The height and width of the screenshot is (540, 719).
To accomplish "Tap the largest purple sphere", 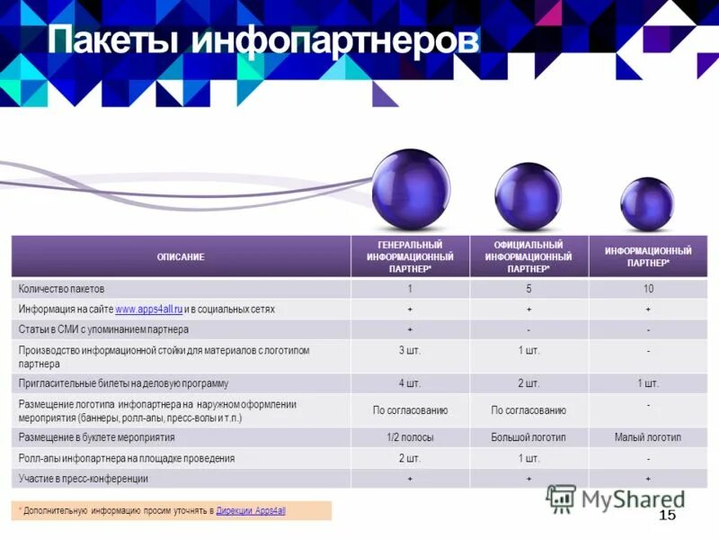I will coord(411,188).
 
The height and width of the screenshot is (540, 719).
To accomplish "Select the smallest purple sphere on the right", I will coord(646,203).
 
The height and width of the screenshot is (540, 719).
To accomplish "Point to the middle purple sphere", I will coord(528,195).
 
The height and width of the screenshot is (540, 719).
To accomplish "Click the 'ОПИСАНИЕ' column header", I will coord(181,257).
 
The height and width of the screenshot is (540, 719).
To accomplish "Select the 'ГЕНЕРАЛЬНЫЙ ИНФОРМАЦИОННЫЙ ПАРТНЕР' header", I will coord(410,257).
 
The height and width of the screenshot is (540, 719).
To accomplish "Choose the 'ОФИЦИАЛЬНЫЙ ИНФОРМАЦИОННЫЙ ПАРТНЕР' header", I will coord(528,257).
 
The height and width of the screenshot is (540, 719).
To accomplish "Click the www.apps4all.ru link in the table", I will coord(149,310).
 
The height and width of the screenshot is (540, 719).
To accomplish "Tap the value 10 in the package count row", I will coord(647,290).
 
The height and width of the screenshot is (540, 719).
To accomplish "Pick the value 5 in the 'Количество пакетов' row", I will coord(528,290).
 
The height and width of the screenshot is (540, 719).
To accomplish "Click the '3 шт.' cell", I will coord(410,350).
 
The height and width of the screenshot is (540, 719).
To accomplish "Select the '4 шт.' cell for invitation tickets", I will coord(410,383).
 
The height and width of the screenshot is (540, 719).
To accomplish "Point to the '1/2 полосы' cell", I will coord(410,437).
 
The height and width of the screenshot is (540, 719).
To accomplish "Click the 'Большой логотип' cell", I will coord(528,437).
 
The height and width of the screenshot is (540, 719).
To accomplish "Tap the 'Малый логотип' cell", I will coord(647,437).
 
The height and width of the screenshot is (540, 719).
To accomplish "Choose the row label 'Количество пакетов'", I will coord(62,290).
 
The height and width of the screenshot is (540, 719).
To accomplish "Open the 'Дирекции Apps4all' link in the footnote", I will coord(251,511).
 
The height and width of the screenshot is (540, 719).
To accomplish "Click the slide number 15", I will coord(667,516).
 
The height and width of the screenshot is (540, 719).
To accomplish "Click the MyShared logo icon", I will coord(561,499).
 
